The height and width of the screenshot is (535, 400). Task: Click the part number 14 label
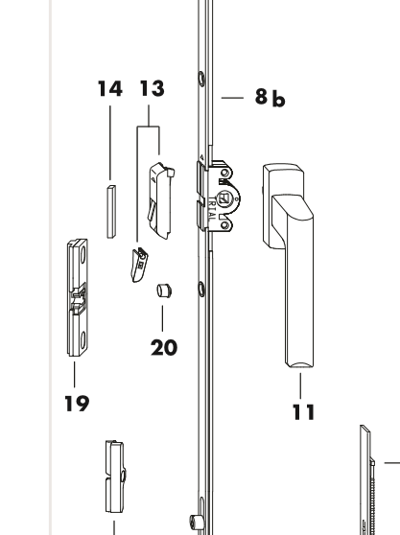pyautogui.click(x=109, y=90)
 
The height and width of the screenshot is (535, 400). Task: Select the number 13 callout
pyautogui.click(x=151, y=90)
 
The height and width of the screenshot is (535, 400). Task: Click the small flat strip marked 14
pyautogui.click(x=110, y=210)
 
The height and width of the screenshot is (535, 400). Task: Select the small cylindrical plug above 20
pyautogui.click(x=161, y=289)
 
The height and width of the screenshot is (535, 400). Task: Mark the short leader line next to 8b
pyautogui.click(x=234, y=99)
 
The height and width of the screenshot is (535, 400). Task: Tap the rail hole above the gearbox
pyautogui.click(x=199, y=104)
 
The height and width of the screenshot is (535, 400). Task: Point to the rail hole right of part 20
pyautogui.click(x=199, y=287)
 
